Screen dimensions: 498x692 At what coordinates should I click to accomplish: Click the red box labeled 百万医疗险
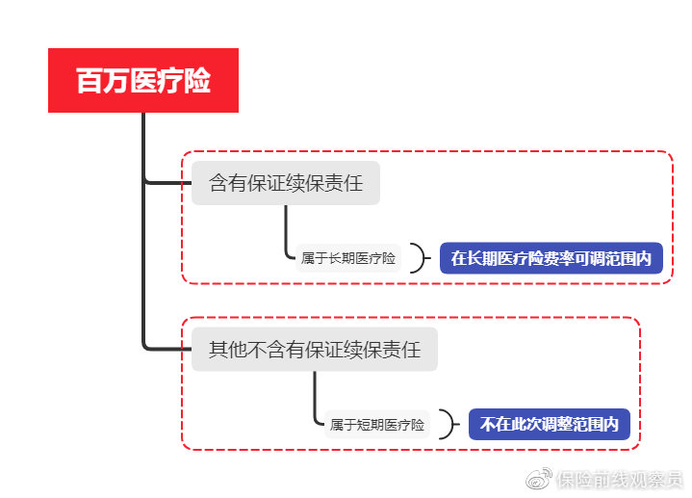(x=143, y=81)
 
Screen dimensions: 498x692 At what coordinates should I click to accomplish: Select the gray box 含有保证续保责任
(x=286, y=183)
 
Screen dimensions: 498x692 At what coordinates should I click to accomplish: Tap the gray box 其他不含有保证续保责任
(x=315, y=350)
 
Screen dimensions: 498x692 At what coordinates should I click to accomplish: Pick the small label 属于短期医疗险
(x=377, y=425)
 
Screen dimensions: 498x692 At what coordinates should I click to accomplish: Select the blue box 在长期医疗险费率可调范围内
(x=551, y=258)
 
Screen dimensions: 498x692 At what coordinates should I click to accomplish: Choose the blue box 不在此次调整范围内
(x=550, y=424)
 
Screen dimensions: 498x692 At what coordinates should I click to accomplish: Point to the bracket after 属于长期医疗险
(x=419, y=258)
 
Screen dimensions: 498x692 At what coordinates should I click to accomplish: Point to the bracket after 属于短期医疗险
(x=448, y=425)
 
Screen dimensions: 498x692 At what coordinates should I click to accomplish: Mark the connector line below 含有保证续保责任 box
(x=286, y=231)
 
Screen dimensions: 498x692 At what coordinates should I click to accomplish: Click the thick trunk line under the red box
(x=143, y=231)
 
